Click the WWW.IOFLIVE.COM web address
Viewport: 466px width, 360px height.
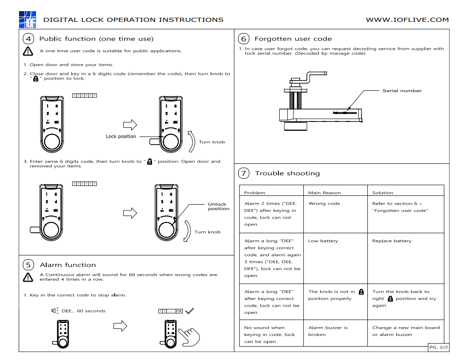click(x=407, y=20)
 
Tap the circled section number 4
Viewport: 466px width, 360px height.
click(x=28, y=39)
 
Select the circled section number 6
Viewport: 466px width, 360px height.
click(x=243, y=39)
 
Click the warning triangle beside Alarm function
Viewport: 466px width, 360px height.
click(x=28, y=277)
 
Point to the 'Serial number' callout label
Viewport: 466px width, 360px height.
click(x=402, y=91)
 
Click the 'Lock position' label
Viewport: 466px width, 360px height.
click(x=121, y=136)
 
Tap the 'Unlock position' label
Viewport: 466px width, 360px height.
click(x=218, y=206)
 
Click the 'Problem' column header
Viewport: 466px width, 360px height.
click(x=254, y=193)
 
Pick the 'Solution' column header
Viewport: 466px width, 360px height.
click(x=382, y=193)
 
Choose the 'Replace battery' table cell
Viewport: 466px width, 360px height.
click(x=392, y=241)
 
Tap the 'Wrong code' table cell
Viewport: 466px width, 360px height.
click(x=324, y=203)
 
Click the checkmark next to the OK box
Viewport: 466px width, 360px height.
click(x=190, y=311)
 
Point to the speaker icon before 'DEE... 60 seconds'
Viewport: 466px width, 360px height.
click(x=55, y=311)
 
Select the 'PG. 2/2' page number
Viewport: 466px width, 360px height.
click(x=438, y=347)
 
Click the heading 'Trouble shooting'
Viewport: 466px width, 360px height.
click(x=287, y=173)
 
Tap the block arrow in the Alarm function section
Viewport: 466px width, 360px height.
click(x=121, y=327)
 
